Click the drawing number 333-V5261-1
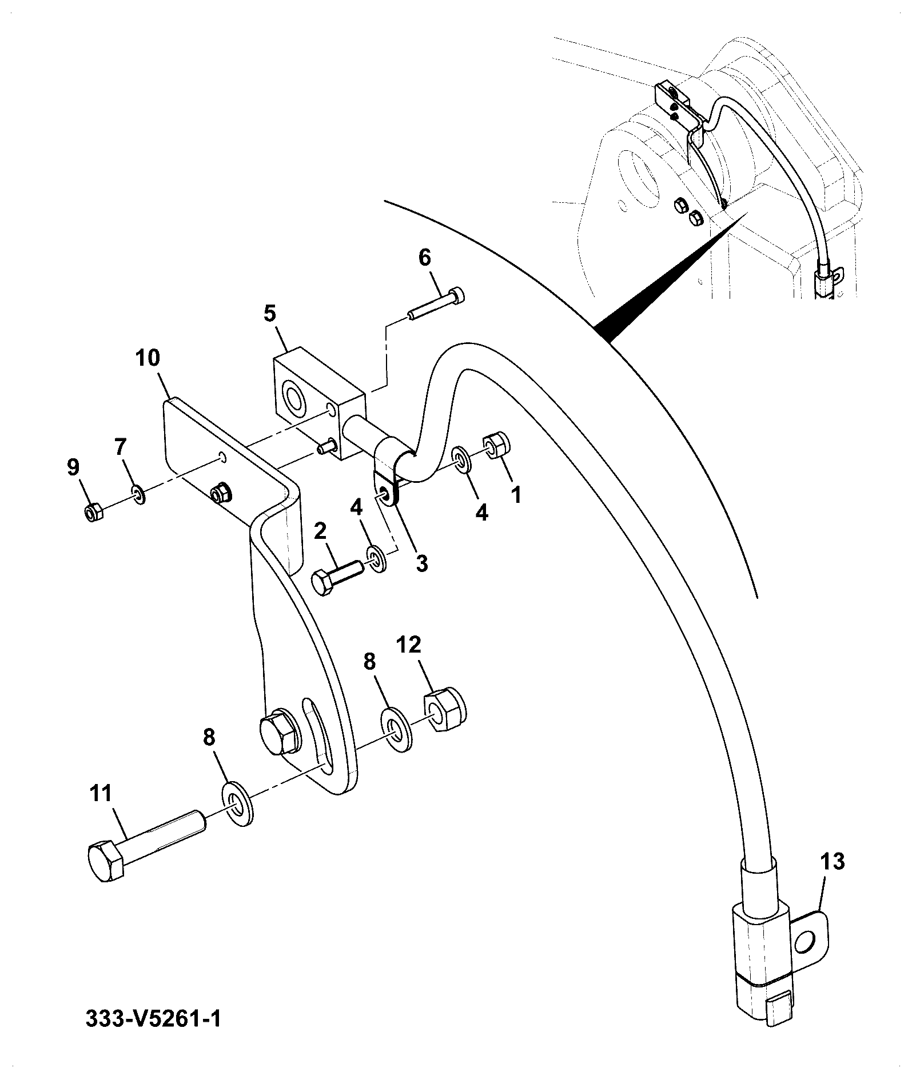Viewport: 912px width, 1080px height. coord(153,1035)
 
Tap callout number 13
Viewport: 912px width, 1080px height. coord(832,861)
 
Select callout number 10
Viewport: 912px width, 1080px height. coord(148,358)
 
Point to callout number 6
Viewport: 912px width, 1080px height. coord(425,258)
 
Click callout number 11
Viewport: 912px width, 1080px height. coord(101,795)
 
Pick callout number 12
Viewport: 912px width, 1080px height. coord(408,645)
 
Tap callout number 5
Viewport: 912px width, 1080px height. coord(270,313)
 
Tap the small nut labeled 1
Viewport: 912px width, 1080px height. coord(497,445)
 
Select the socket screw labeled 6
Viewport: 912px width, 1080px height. coord(436,304)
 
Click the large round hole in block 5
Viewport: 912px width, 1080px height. coord(295,400)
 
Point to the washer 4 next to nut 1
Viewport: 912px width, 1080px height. coord(461,460)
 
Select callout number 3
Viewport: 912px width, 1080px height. coord(421,563)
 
